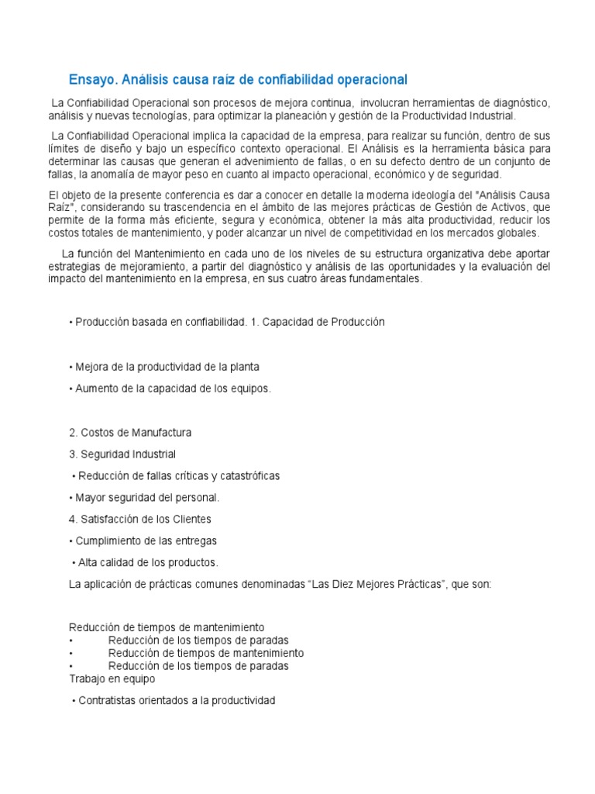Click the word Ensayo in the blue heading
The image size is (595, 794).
(x=91, y=80)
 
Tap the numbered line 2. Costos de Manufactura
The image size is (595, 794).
(x=130, y=433)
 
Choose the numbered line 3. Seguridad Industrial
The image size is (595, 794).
(x=122, y=454)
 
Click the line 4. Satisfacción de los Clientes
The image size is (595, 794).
(x=140, y=519)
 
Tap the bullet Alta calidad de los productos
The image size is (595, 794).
(x=145, y=562)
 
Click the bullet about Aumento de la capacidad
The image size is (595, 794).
(x=170, y=388)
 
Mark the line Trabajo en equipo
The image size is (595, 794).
(x=112, y=678)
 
